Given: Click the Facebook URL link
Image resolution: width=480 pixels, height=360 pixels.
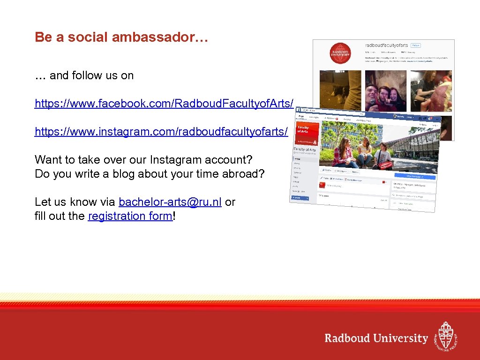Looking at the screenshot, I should [x=164, y=104].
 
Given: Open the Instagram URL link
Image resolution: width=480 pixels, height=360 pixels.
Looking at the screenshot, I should [x=161, y=132].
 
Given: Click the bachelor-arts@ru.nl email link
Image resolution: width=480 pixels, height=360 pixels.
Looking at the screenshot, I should [x=170, y=202].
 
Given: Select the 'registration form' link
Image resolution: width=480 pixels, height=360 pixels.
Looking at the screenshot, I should [x=130, y=216].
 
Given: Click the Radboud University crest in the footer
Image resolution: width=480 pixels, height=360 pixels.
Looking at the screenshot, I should [x=445, y=336].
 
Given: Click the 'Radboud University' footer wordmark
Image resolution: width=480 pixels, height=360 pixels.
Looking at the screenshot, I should [x=376, y=338].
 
